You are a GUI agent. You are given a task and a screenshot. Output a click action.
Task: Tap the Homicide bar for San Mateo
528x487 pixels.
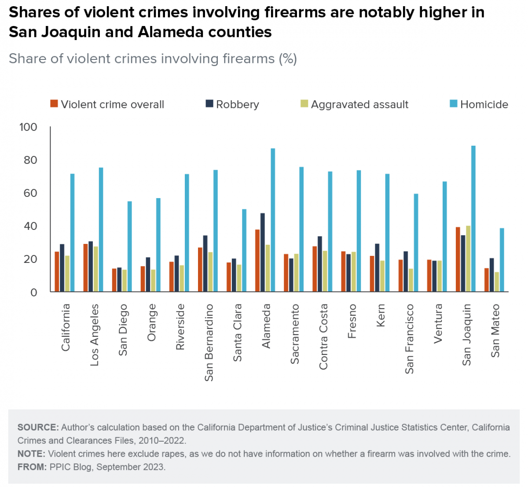pyautogui.click(x=502, y=260)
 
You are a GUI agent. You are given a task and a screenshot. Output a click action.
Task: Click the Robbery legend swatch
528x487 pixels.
pyautogui.click(x=209, y=104)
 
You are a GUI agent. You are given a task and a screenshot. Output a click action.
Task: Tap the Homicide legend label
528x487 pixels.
pyautogui.click(x=484, y=104)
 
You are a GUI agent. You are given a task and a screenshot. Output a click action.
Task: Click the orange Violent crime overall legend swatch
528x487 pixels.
pyautogui.click(x=54, y=104)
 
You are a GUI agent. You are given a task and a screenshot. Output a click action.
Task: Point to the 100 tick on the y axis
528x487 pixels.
pyautogui.click(x=28, y=127)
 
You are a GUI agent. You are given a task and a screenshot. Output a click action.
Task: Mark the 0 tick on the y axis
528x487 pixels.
pyautogui.click(x=33, y=292)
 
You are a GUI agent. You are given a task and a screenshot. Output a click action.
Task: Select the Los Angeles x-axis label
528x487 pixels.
pyautogui.click(x=94, y=335)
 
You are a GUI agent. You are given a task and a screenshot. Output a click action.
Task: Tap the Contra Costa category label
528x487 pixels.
pyautogui.click(x=323, y=337)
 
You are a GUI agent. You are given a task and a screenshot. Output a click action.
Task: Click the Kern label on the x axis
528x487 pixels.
pyautogui.click(x=381, y=315)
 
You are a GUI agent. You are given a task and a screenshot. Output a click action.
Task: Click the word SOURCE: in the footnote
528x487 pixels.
pyautogui.click(x=38, y=427)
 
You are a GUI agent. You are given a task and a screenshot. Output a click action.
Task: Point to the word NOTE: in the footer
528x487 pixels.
pyautogui.click(x=31, y=454)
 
